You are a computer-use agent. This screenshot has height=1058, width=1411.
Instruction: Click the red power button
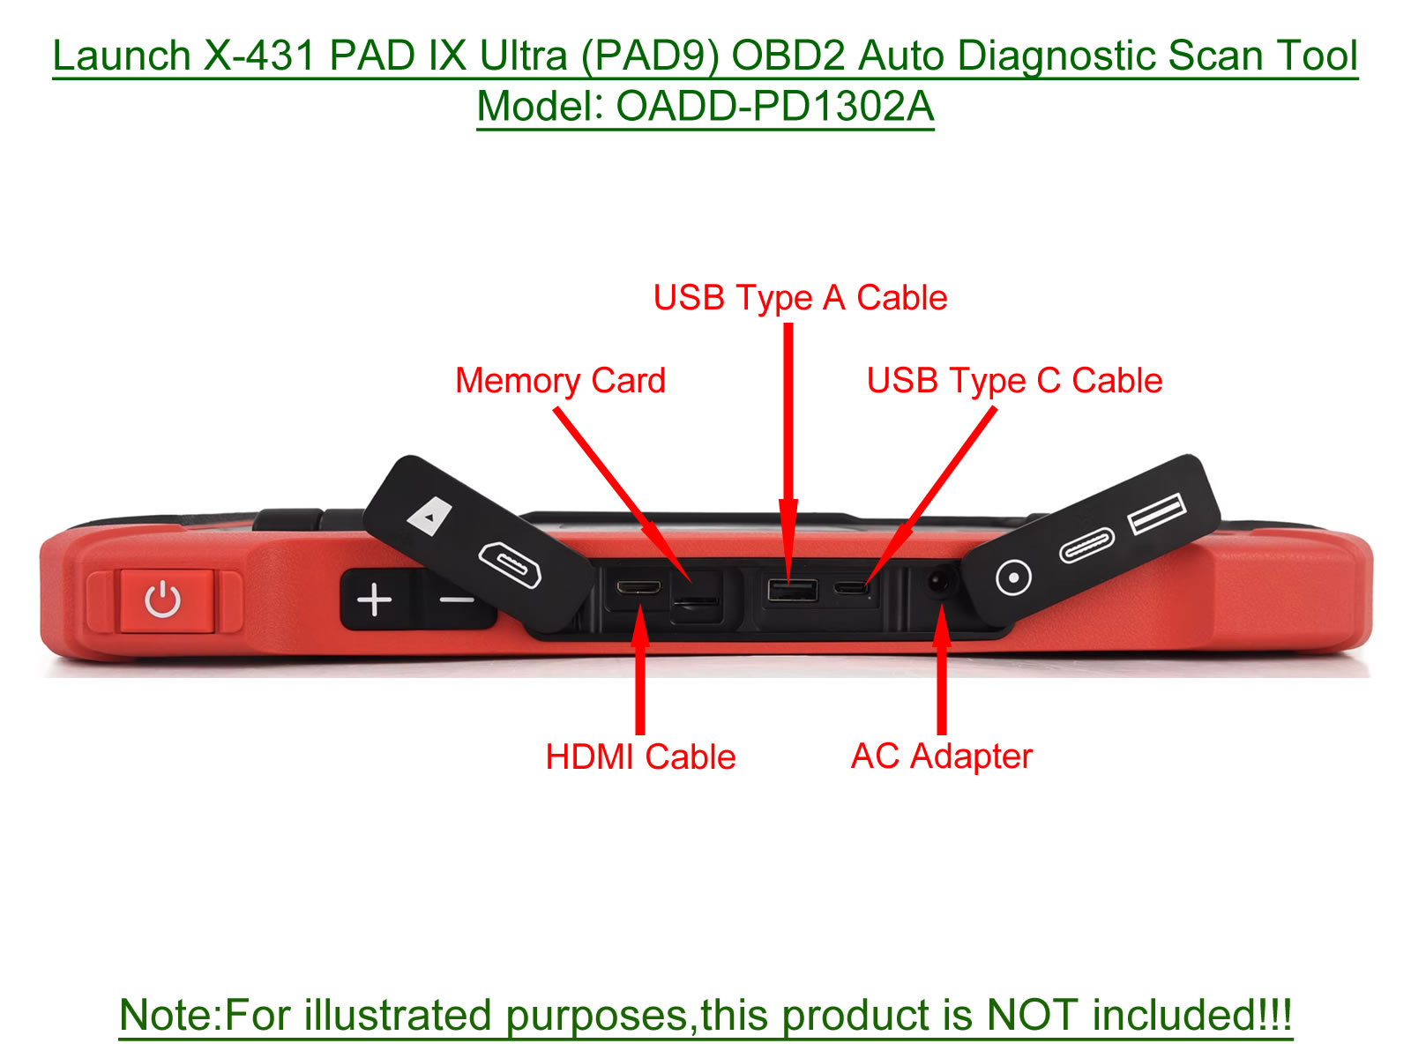(166, 600)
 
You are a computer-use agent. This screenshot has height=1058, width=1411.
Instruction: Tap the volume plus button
(374, 600)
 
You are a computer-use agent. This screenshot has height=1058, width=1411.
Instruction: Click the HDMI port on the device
(638, 587)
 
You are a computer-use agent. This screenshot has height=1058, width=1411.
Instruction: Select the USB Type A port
(793, 590)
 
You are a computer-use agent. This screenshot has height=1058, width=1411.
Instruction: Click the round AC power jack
(938, 583)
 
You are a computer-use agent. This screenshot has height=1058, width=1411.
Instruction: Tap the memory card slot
(696, 601)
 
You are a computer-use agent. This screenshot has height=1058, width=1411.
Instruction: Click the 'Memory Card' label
(560, 380)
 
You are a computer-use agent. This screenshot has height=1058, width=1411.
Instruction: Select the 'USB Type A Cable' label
(800, 297)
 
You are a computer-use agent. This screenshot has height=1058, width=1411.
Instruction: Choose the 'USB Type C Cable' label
(1014, 380)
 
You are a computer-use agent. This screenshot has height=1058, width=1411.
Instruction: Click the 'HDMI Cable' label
(640, 756)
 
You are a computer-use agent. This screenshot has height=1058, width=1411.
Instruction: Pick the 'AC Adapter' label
(941, 756)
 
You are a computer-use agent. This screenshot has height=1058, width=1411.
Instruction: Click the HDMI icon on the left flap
(510, 564)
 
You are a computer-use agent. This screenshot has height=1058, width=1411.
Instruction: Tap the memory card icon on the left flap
(429, 515)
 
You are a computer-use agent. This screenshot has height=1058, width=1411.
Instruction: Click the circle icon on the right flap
(1013, 577)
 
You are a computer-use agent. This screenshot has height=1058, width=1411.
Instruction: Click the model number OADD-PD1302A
(774, 106)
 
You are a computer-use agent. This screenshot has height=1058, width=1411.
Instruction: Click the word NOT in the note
(1032, 1015)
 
